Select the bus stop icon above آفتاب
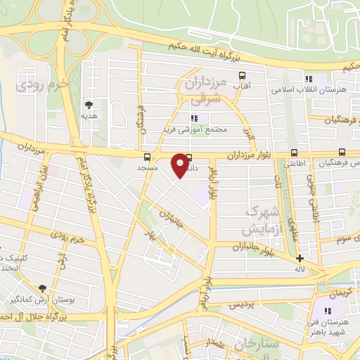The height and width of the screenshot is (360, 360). pos(243,76)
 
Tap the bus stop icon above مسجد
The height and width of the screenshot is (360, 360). pos(147,157)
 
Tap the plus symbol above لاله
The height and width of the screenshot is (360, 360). pos(300,257)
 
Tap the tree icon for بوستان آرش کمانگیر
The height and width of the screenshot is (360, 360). pos(43,288)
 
